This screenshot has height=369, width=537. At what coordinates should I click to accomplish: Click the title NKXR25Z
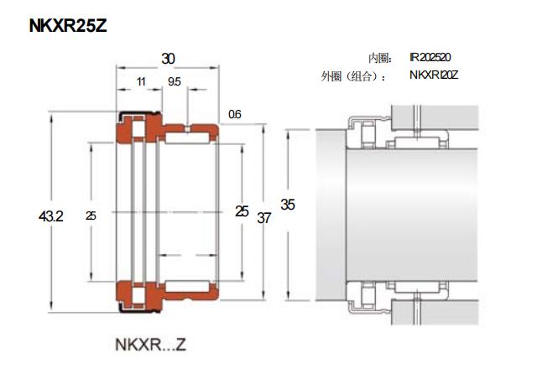point(68,26)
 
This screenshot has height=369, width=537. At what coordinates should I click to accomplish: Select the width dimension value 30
point(168,59)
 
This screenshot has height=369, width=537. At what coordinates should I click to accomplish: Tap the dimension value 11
point(141,81)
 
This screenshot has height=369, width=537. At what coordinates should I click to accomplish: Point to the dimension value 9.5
point(175,81)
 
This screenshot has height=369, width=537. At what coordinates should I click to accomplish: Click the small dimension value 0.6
point(235,114)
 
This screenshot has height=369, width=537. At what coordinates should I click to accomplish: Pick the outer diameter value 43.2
point(51,216)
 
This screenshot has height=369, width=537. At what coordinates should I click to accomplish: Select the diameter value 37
point(264,218)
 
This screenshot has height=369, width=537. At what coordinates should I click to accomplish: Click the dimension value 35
point(288,205)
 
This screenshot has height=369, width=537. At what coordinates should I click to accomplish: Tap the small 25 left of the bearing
point(91,216)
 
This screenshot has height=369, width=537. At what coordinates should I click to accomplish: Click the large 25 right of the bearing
point(242,211)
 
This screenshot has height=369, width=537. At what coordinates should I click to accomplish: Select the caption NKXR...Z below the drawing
point(151,345)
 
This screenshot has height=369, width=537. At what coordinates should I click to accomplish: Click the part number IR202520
point(430,57)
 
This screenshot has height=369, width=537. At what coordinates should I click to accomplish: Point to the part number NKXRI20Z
point(434,75)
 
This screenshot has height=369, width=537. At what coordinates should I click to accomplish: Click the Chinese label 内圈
point(380,58)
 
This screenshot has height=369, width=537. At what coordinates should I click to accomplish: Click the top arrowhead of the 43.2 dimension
point(51,118)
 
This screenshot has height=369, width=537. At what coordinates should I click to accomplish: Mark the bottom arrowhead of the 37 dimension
point(263,295)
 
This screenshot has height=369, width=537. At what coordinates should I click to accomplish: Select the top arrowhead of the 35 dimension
point(288,134)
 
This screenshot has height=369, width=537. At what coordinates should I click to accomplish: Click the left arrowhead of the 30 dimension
point(121,67)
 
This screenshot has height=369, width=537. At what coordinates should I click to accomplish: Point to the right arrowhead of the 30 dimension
point(215,67)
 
